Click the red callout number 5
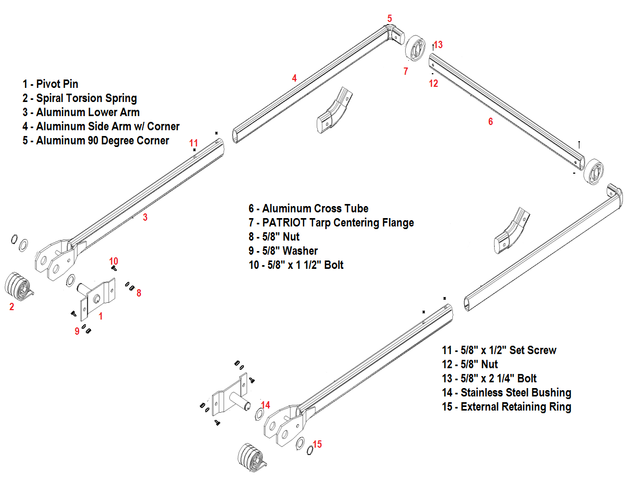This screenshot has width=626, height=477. [x=389, y=18]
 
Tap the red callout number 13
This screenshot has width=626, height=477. [x=438, y=45]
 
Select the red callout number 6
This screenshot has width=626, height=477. [x=490, y=121]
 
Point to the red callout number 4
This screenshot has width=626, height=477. [x=295, y=78]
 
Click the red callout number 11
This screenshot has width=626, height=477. [x=194, y=143]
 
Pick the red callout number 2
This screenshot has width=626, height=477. [x=12, y=307]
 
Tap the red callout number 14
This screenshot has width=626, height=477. [x=265, y=405]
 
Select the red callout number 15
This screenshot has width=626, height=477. [x=317, y=445]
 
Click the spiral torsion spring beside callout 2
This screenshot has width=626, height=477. [x=17, y=287]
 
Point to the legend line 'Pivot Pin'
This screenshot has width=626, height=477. [x=50, y=84]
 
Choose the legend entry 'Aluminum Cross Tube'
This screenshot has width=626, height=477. [x=309, y=209]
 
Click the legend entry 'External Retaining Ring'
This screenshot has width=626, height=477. [x=506, y=407]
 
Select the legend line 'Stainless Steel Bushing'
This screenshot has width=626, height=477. [x=506, y=393]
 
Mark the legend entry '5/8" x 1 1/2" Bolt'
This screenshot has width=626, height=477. [x=297, y=265]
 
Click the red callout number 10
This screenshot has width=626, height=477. [x=114, y=261]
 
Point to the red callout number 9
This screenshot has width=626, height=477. [x=77, y=331]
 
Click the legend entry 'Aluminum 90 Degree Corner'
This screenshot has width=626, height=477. [x=96, y=141]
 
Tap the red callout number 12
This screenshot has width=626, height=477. [x=433, y=83]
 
